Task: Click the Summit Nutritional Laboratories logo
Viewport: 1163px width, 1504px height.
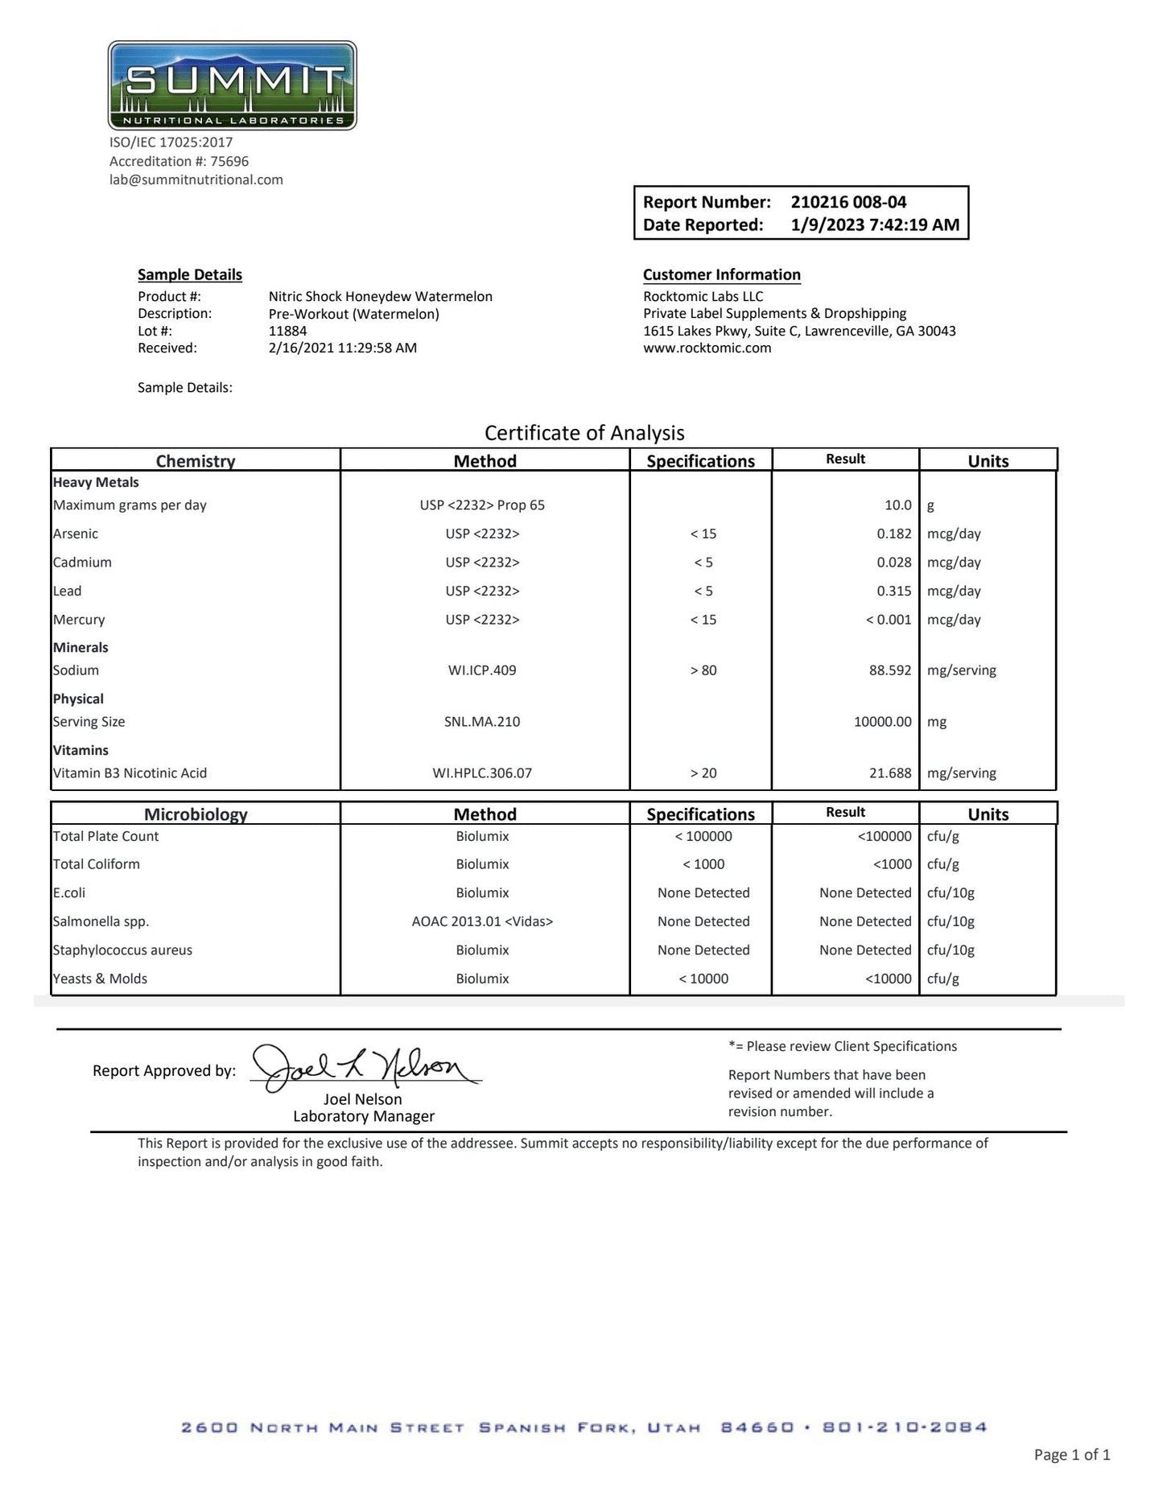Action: pyautogui.click(x=232, y=85)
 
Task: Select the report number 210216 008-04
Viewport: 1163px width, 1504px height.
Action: pyautogui.click(x=848, y=202)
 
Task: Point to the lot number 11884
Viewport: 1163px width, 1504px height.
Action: pyautogui.click(x=287, y=331)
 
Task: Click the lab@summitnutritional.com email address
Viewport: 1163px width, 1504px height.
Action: pyautogui.click(x=196, y=179)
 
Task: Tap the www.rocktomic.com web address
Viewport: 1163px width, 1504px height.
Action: pyautogui.click(x=707, y=348)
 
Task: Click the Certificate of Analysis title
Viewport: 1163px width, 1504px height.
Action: pyautogui.click(x=584, y=433)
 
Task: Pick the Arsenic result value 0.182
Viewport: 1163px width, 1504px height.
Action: pyautogui.click(x=893, y=534)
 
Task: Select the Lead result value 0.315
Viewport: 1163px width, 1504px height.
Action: pyautogui.click(x=893, y=591)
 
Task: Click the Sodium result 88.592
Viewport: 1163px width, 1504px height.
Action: pyautogui.click(x=889, y=670)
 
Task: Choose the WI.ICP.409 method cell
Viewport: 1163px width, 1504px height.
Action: pyautogui.click(x=482, y=670)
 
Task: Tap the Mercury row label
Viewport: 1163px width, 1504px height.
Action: pyautogui.click(x=79, y=620)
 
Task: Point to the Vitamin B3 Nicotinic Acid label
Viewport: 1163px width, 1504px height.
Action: pyautogui.click(x=130, y=773)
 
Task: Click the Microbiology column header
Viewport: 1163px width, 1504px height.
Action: pyautogui.click(x=196, y=814)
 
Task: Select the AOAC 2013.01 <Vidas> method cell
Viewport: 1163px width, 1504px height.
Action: pyautogui.click(x=482, y=921)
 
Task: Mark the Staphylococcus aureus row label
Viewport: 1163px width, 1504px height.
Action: pyautogui.click(x=122, y=950)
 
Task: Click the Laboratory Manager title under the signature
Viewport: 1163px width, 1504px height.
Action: pyautogui.click(x=364, y=1116)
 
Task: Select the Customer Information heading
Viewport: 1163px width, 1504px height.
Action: pyautogui.click(x=721, y=274)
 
